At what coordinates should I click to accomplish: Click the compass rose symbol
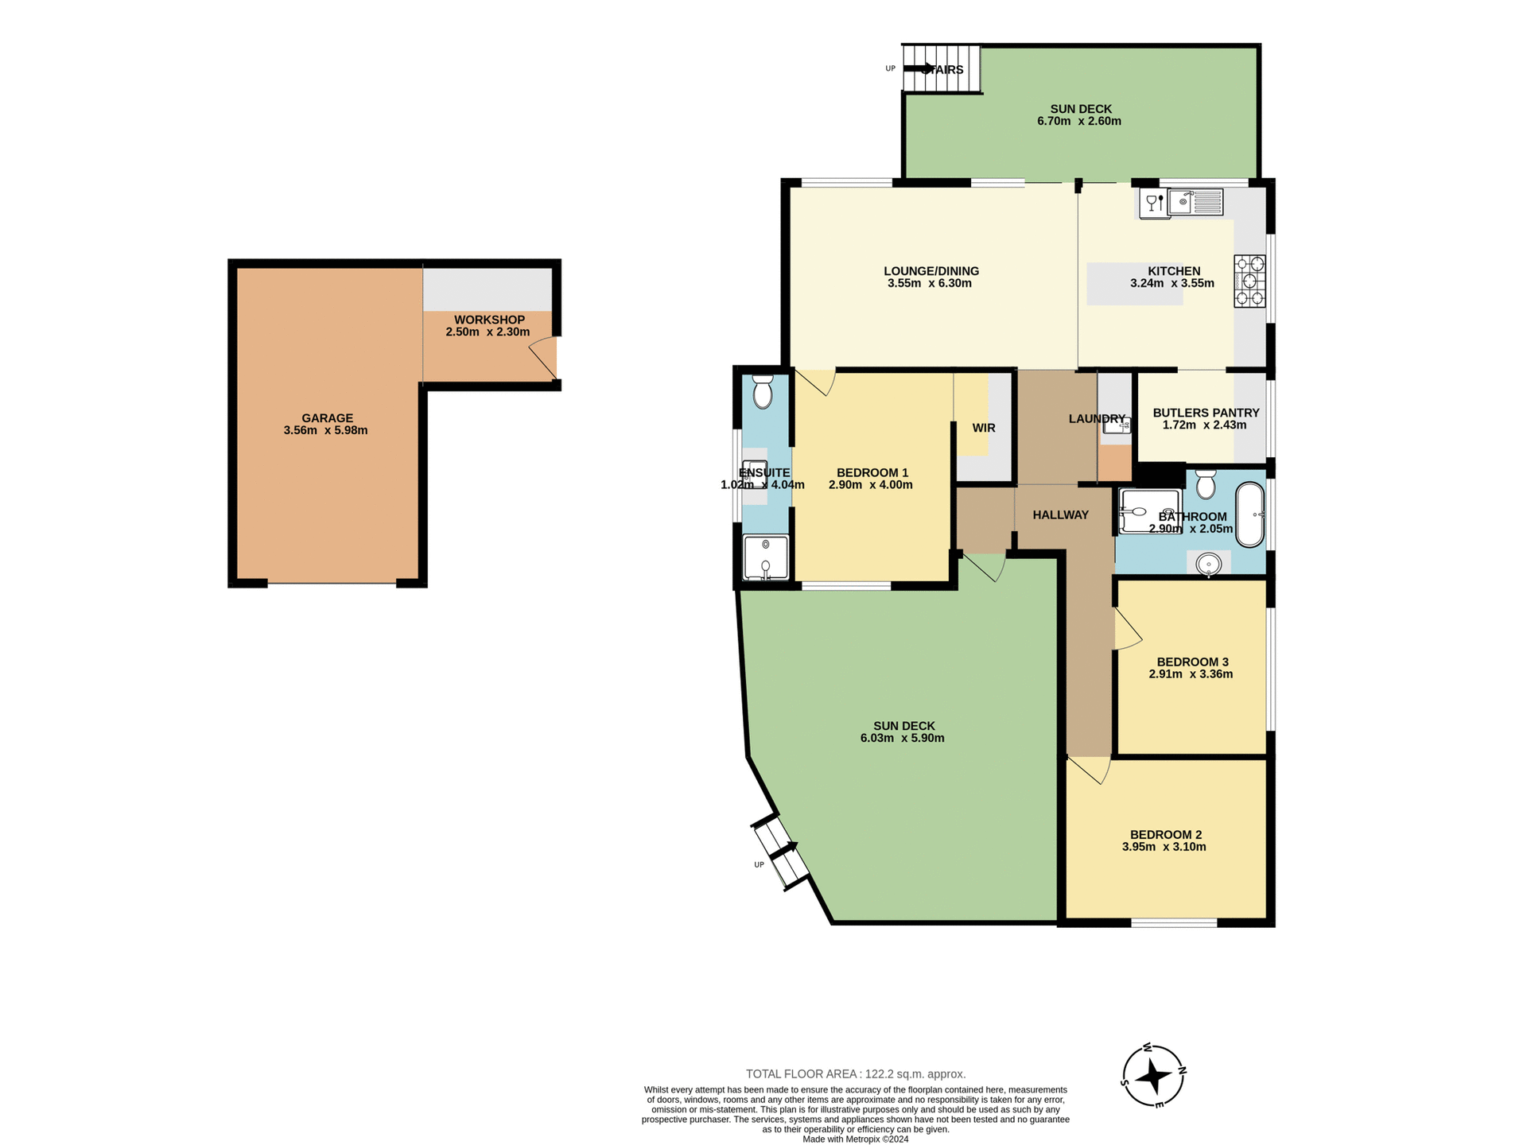pyautogui.click(x=1153, y=1077)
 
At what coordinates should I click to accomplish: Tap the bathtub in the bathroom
pyautogui.click(x=1249, y=514)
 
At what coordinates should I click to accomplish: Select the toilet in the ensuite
pyautogui.click(x=763, y=392)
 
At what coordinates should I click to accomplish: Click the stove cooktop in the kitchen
pyautogui.click(x=1249, y=281)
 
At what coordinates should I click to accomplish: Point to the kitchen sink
pyautogui.click(x=1195, y=202)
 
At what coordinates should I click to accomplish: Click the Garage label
pyautogui.click(x=327, y=417)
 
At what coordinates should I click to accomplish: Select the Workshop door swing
pyautogui.click(x=543, y=356)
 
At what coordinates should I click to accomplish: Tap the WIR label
pyautogui.click(x=984, y=428)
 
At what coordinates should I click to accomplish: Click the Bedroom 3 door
pyautogui.click(x=1128, y=630)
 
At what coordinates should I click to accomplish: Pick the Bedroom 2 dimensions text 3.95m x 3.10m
pyautogui.click(x=1165, y=847)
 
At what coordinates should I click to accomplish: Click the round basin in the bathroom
pyautogui.click(x=1209, y=564)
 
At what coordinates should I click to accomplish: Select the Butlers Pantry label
pyautogui.click(x=1206, y=413)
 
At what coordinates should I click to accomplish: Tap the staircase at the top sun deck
pyautogui.click(x=941, y=69)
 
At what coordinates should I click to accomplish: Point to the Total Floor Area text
pyautogui.click(x=856, y=1073)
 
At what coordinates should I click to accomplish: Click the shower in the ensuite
pyautogui.click(x=765, y=557)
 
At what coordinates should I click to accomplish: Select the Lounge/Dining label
pyautogui.click(x=931, y=271)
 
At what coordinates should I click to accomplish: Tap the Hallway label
pyautogui.click(x=1060, y=515)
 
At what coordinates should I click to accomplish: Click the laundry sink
pyautogui.click(x=1117, y=426)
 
